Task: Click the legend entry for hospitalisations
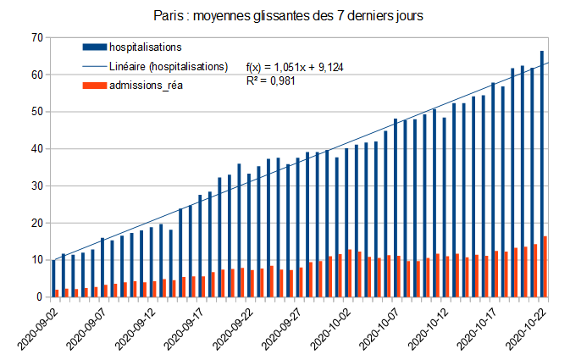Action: coord(146,47)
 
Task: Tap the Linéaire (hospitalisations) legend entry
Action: coord(169,66)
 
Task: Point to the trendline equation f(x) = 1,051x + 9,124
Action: coord(294,67)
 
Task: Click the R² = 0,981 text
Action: coord(270,81)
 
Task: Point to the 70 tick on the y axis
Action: coord(36,37)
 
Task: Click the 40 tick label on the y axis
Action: coord(36,149)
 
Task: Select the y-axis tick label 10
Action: coord(36,260)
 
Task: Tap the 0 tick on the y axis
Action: coord(39,297)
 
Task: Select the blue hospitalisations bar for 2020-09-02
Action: coord(53,279)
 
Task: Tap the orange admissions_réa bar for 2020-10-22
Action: coord(546,267)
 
